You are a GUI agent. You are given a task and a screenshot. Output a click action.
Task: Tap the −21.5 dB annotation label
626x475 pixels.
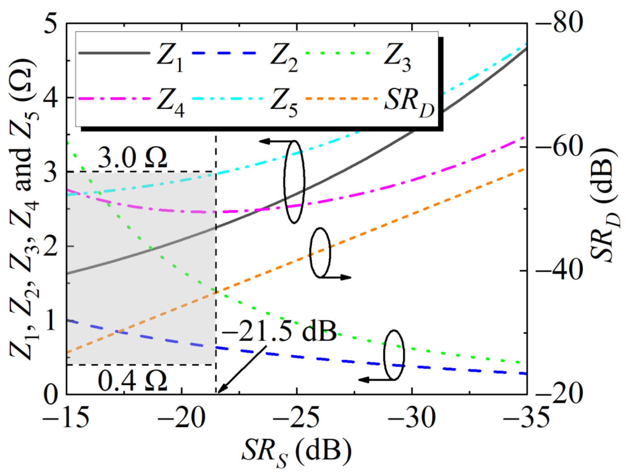pyautogui.click(x=279, y=331)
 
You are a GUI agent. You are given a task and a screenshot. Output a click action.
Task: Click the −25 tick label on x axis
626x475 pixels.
pyautogui.click(x=297, y=417)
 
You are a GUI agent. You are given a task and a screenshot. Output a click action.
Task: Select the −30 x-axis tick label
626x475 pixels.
pyautogui.click(x=412, y=417)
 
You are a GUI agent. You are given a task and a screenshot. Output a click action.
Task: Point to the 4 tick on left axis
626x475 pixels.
pyautogui.click(x=50, y=98)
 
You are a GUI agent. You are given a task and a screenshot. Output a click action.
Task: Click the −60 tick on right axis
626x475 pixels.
pyautogui.click(x=559, y=147)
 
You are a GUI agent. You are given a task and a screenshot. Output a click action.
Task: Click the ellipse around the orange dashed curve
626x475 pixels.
pyautogui.click(x=320, y=252)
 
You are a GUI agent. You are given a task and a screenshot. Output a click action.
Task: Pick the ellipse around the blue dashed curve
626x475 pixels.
pyautogui.click(x=394, y=355)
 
